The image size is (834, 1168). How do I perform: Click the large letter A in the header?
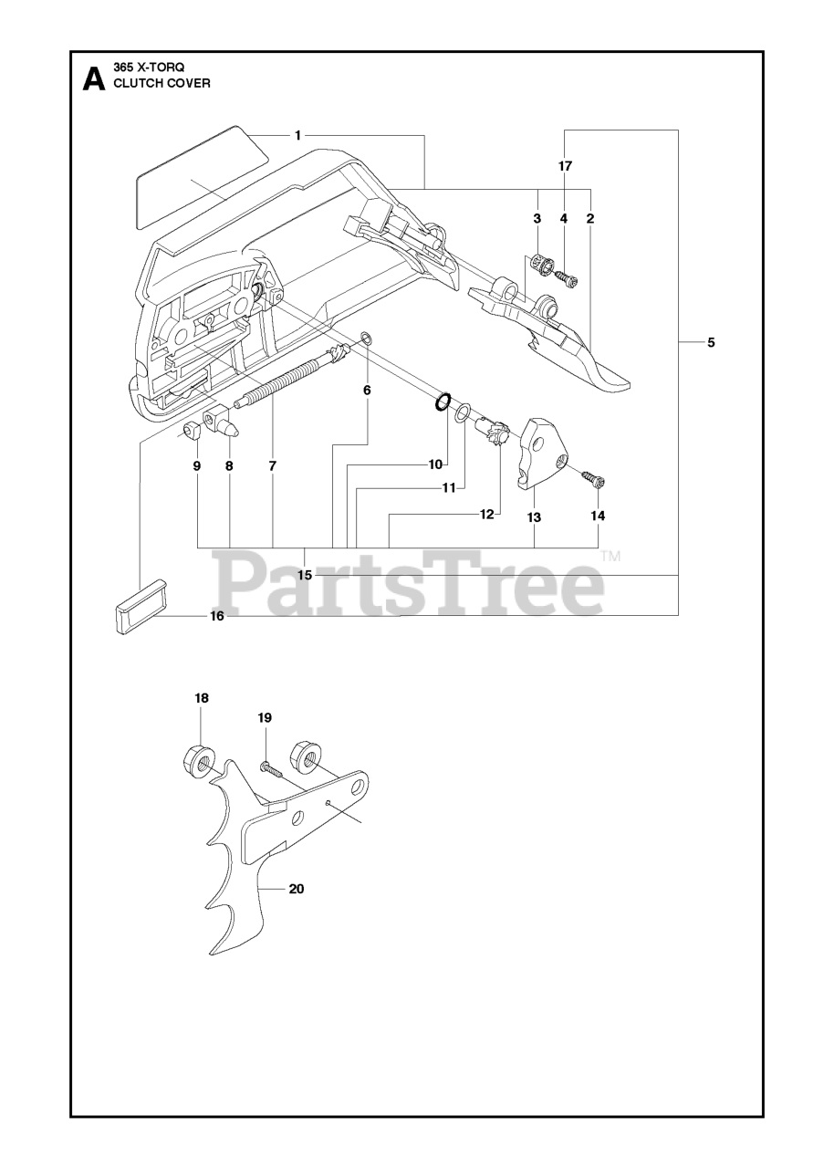pyautogui.click(x=92, y=80)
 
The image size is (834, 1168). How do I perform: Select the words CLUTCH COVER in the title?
pyautogui.click(x=161, y=83)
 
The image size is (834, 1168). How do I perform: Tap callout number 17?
pyautogui.click(x=565, y=166)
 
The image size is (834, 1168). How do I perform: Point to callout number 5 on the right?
pyautogui.click(x=711, y=342)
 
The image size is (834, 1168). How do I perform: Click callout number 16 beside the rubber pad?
pyautogui.click(x=217, y=616)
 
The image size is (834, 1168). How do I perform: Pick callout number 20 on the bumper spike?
pyautogui.click(x=296, y=889)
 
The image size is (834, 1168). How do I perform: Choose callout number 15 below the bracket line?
pyautogui.click(x=305, y=575)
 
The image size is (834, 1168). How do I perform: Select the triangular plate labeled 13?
pyautogui.click(x=546, y=452)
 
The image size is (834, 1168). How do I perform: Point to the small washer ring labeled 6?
pyautogui.click(x=365, y=340)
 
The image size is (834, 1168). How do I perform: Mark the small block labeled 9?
pyautogui.click(x=192, y=430)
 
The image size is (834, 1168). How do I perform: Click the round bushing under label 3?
pyautogui.click(x=541, y=266)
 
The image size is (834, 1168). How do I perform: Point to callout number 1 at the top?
pyautogui.click(x=297, y=135)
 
